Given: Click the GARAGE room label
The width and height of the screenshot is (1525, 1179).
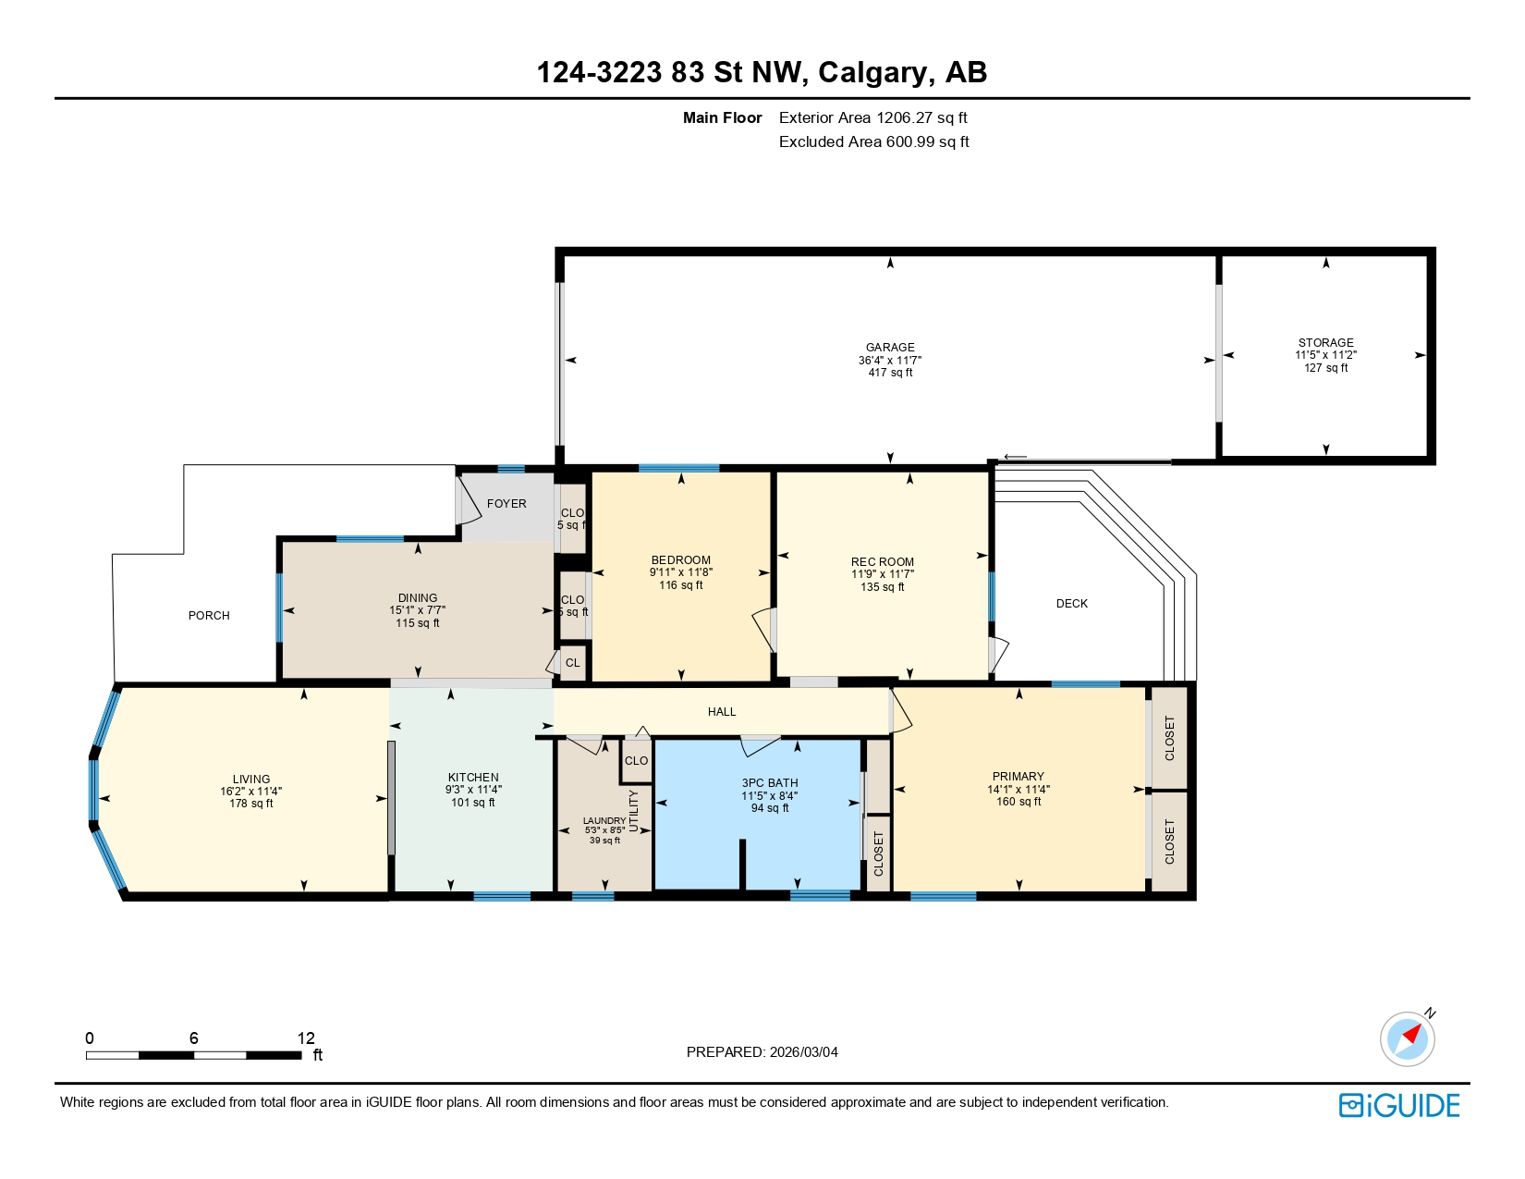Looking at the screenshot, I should pos(890,348).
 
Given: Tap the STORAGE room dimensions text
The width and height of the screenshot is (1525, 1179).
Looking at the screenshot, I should pos(1325,355).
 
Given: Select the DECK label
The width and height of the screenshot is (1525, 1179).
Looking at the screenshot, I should pos(1071,604).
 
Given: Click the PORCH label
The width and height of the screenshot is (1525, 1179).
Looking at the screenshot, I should pos(209,616).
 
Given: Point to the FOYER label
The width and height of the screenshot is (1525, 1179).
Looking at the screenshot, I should pos(506,504).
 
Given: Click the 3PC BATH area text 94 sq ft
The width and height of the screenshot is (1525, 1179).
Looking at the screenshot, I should pos(770,808).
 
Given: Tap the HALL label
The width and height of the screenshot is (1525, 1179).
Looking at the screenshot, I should pos(722,712).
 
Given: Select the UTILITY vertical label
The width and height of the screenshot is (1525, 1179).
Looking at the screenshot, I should pos(634,810).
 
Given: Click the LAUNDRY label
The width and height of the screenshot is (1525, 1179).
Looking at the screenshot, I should pos(604,821).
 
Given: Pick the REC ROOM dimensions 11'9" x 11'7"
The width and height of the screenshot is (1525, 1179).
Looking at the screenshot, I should pos(883,574).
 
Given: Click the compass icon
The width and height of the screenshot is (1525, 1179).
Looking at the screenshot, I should pos(1408,1038).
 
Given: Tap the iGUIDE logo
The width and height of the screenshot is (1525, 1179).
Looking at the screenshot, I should pos(1399,1106).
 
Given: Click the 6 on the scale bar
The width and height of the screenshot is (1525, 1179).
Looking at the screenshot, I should pos(194,1038).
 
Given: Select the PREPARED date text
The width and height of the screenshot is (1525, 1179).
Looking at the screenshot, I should pos(762,1052).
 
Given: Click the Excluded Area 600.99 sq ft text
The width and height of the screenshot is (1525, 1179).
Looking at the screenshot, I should pos(873,142).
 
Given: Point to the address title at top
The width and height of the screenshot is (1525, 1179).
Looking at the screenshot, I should pos(762,72).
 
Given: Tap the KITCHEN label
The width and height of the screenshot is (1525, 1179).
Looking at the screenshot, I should pos(473,778).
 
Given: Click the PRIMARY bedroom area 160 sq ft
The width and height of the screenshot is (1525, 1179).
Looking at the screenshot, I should pos(1019,802).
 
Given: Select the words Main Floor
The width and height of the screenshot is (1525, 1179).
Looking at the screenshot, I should pos(722,118).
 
